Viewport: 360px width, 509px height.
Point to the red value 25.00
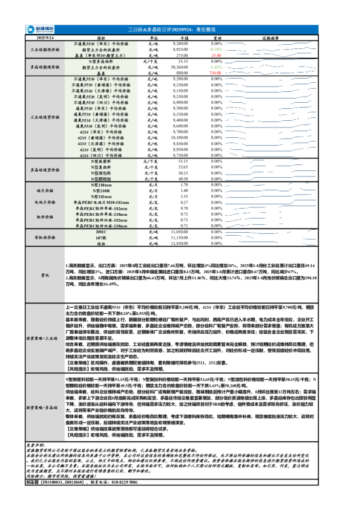[x=216, y=55]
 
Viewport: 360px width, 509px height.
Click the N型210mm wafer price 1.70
[x=185, y=184]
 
